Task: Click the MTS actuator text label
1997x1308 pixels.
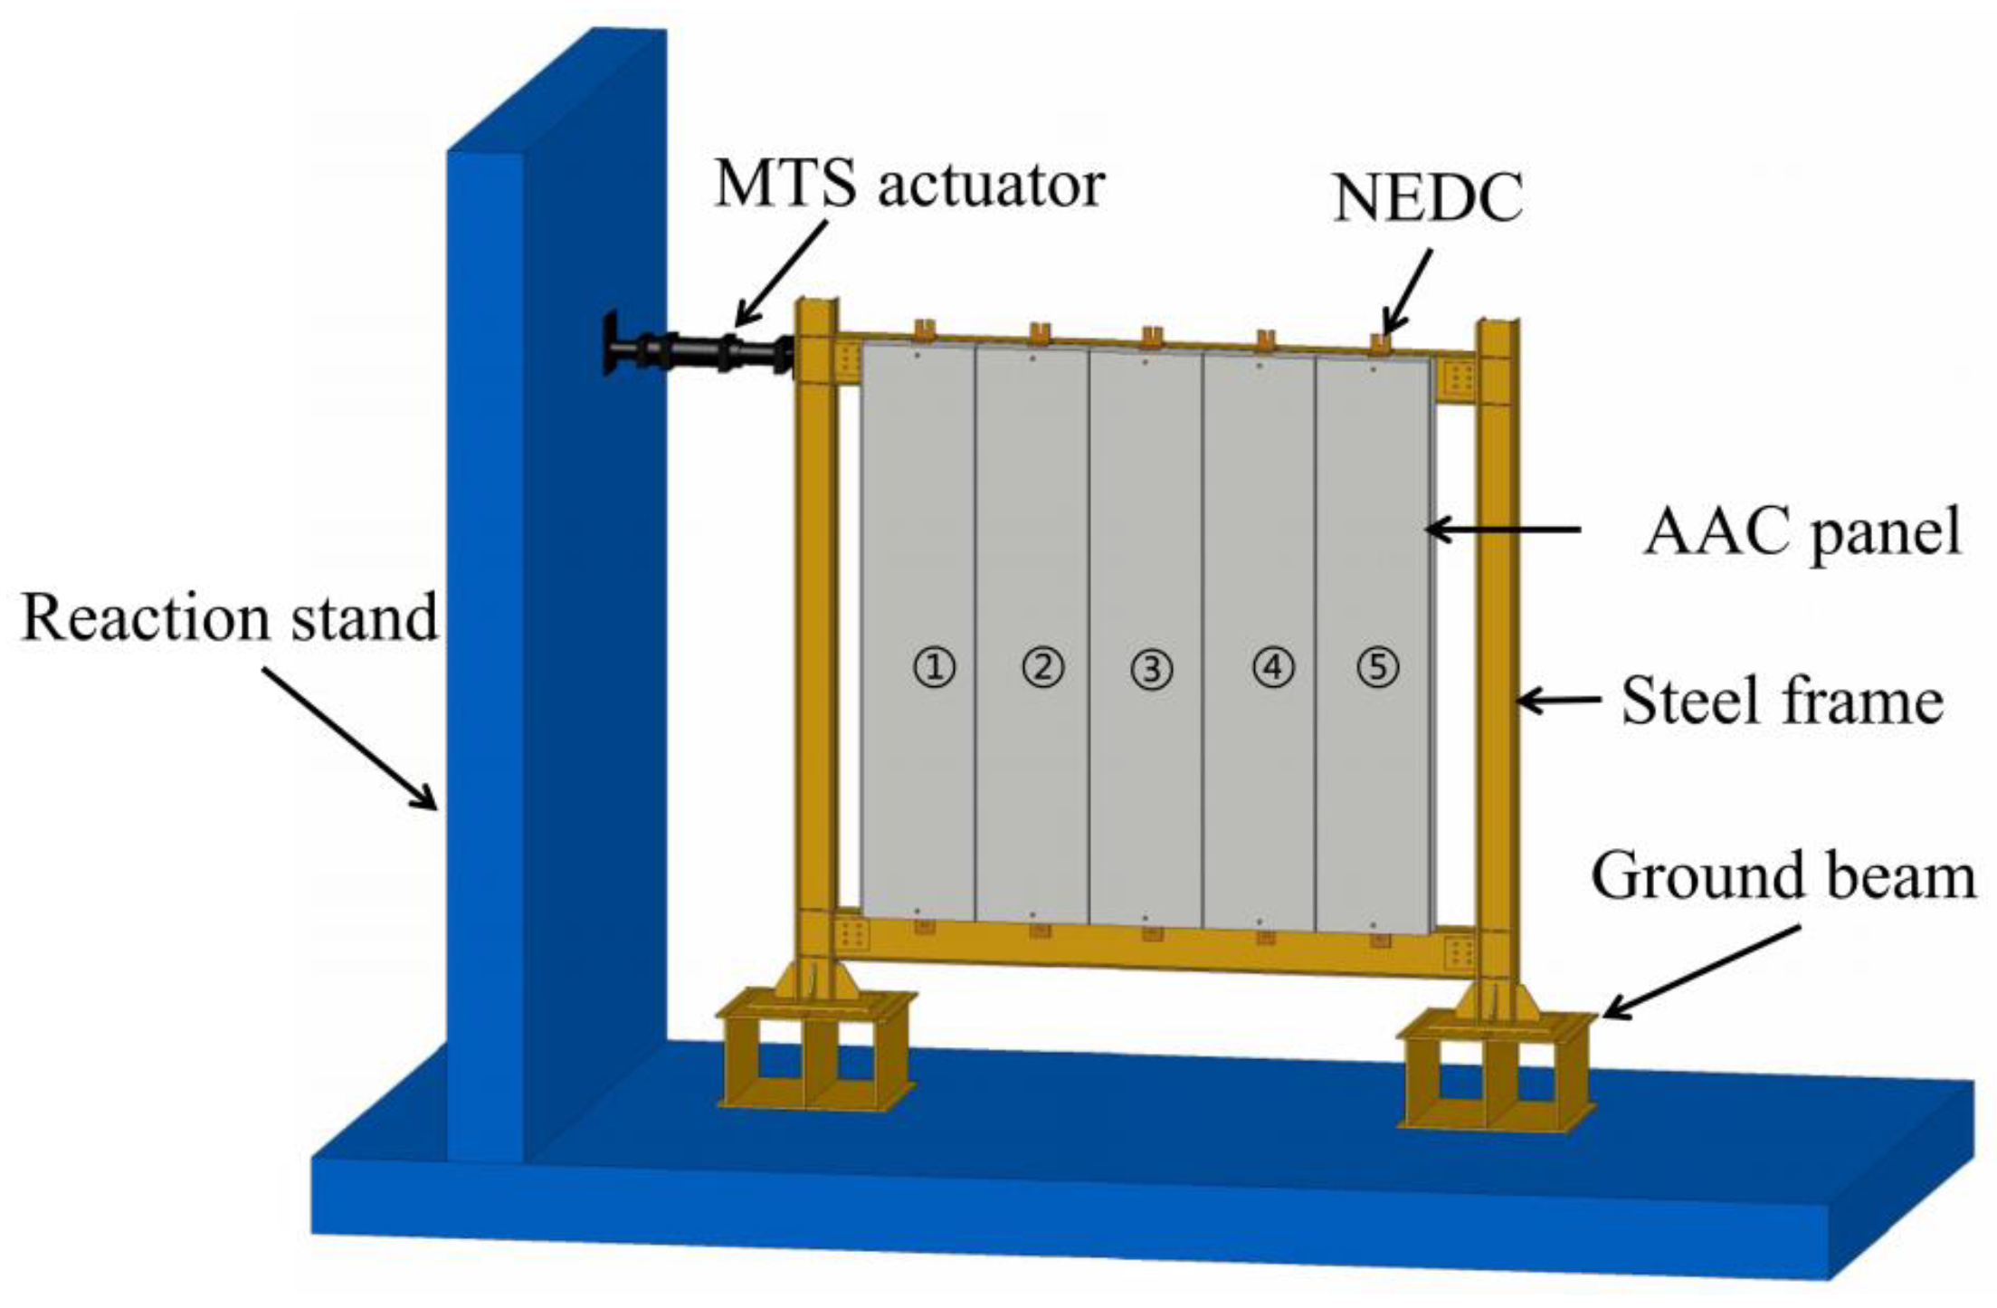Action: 908,185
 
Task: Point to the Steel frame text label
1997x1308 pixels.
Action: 1782,702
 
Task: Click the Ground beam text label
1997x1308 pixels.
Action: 1783,876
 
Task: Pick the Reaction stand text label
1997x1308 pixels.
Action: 230,618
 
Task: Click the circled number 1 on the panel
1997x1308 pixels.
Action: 935,668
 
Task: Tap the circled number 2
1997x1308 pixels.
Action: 1042,668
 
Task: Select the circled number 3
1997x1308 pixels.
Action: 1152,670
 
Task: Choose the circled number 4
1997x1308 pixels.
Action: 1273,668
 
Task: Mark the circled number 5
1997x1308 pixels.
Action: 1378,668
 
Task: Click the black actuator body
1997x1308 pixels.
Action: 697,352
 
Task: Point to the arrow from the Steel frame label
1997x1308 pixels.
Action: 1558,700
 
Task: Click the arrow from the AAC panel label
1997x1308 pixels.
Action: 1502,529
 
